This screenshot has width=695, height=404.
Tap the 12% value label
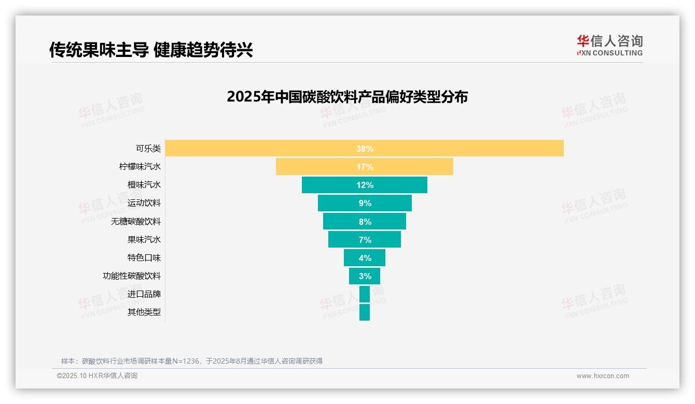(365, 185)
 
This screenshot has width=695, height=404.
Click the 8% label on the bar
(365, 222)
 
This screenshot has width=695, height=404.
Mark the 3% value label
(365, 276)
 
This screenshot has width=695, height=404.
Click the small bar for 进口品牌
(365, 294)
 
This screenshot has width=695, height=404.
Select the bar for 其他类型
(365, 312)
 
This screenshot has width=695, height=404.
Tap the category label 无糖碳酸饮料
(136, 222)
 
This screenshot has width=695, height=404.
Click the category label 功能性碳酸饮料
(132, 276)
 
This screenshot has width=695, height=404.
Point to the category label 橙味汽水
(144, 185)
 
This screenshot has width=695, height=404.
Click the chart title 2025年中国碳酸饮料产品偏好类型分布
(347, 97)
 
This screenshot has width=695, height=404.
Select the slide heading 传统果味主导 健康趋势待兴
(151, 50)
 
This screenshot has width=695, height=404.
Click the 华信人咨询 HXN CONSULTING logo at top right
(609, 46)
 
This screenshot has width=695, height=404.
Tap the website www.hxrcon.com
(603, 376)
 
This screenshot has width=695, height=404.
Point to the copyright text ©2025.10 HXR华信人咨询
(97, 376)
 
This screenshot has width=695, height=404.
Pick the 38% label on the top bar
(365, 149)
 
